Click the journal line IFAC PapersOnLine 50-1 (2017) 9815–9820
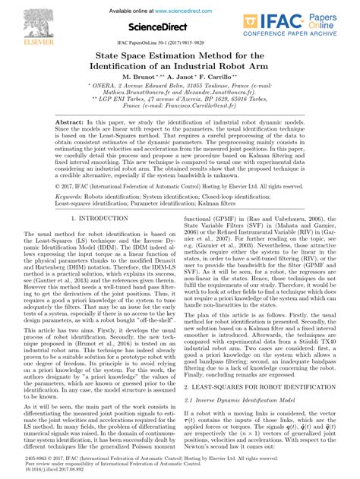[180, 44]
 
